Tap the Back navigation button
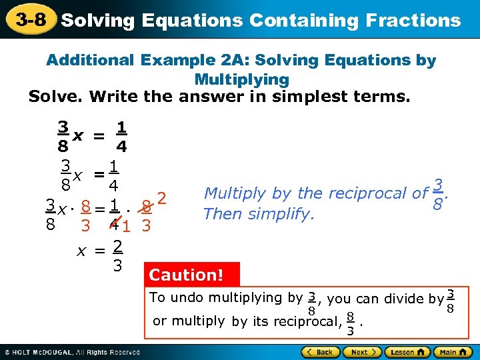(x=321, y=351)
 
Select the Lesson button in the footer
(x=405, y=351)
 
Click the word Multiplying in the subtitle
(x=241, y=79)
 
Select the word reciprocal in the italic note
(x=372, y=193)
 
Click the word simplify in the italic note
(x=287, y=214)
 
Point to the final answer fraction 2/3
(x=117, y=256)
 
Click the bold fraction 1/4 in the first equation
(x=121, y=136)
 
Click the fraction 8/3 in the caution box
(x=350, y=325)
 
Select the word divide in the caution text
(x=407, y=299)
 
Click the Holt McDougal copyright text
(x=73, y=351)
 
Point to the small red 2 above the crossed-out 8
(x=161, y=198)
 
